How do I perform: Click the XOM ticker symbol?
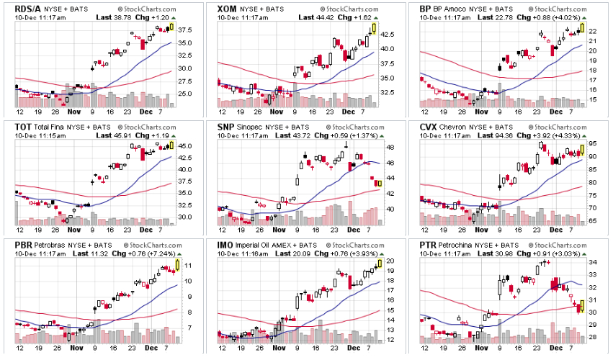(x=228, y=7)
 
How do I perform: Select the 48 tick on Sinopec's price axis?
(x=388, y=148)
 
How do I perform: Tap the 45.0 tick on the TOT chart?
(x=184, y=146)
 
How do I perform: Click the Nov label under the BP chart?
(x=479, y=112)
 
